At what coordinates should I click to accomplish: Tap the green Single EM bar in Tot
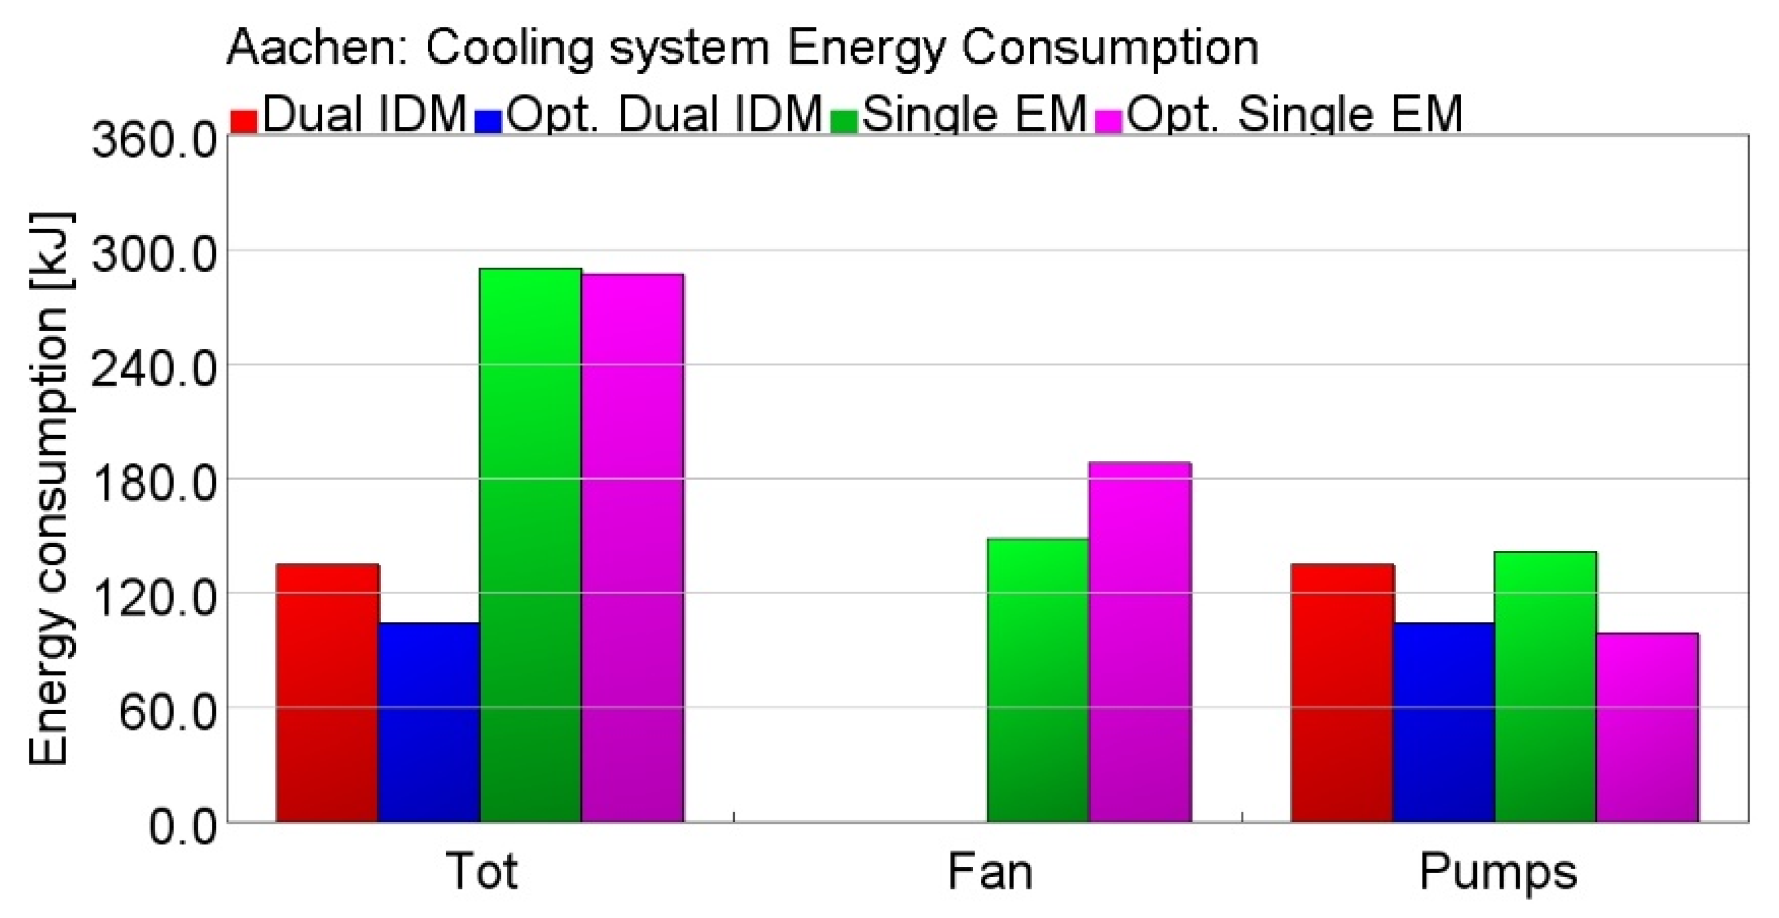pos(530,545)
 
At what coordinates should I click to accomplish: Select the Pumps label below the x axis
pos(1498,874)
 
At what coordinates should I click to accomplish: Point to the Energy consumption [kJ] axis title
pos(49,490)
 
